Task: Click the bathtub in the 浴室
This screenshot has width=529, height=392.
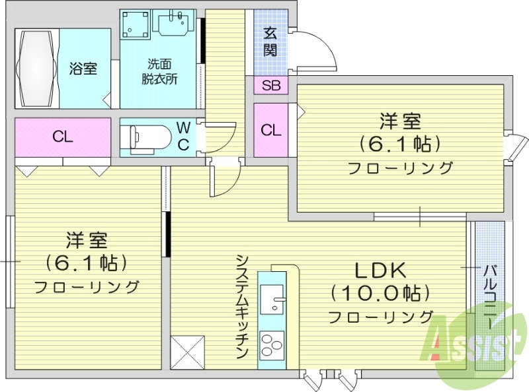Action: point(36,68)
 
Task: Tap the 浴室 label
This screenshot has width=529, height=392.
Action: point(84,69)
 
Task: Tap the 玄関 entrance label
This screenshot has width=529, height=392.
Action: point(270,42)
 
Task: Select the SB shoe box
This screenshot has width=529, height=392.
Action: point(270,85)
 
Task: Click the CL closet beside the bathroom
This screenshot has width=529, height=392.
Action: point(63,137)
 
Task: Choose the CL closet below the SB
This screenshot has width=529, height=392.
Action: point(270,130)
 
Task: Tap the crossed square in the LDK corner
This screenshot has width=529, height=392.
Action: point(187,352)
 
